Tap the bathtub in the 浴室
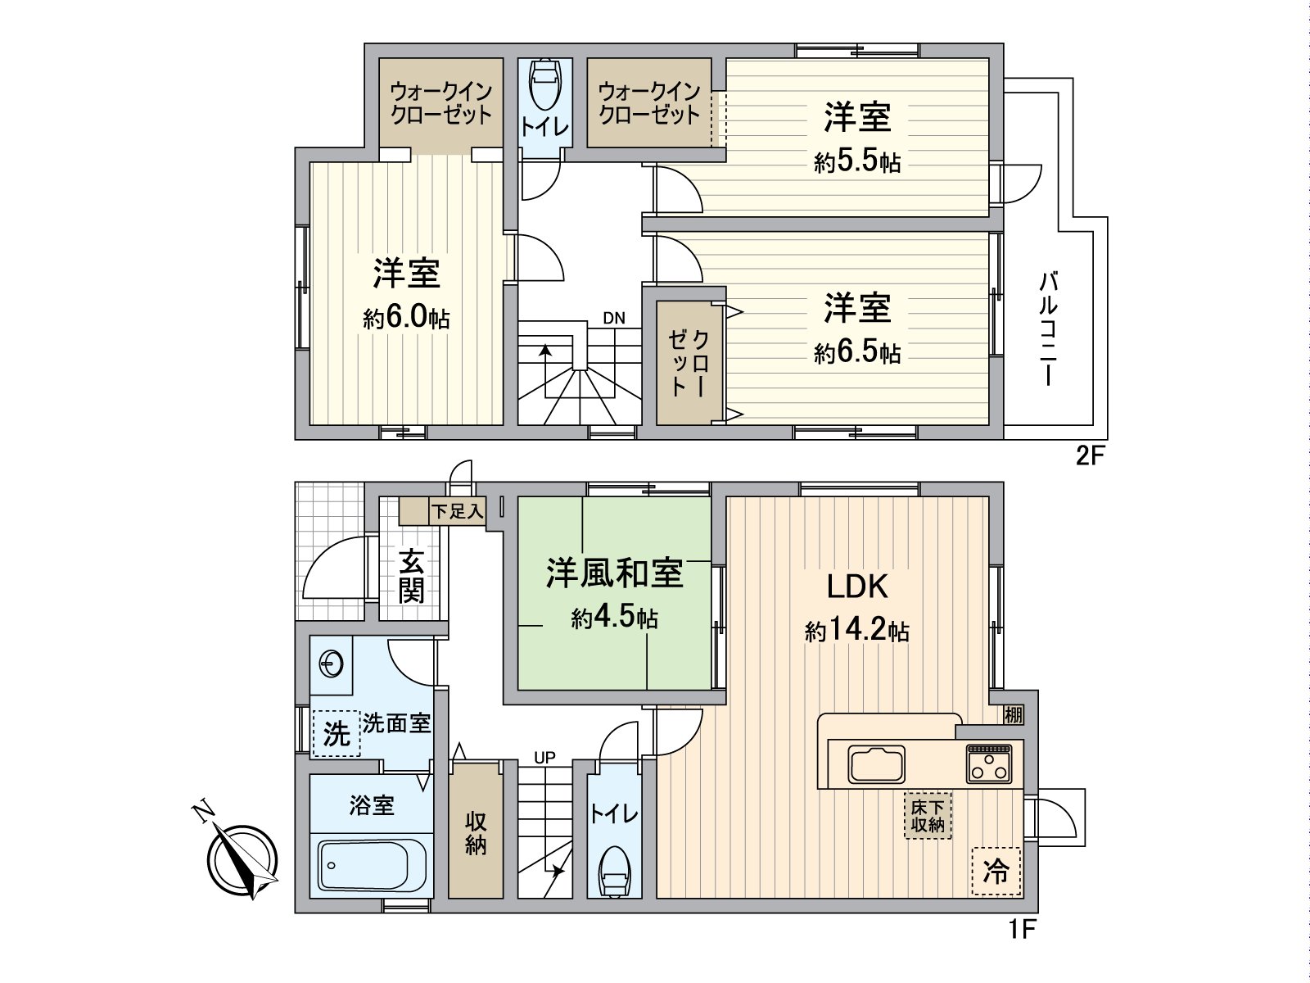[372, 865]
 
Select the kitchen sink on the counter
[876, 764]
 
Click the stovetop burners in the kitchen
[989, 763]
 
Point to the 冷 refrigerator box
[996, 872]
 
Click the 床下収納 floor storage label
[928, 816]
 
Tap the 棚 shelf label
[1014, 714]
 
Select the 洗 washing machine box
[337, 733]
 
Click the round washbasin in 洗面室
[331, 664]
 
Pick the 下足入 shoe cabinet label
[458, 511]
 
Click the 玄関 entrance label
[411, 577]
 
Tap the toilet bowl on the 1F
[614, 873]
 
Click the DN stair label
[614, 318]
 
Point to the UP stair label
[544, 758]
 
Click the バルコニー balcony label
[1048, 328]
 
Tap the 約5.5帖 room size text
[857, 161]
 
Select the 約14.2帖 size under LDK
[857, 630]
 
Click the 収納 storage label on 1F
[476, 833]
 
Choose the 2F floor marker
[1091, 457]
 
